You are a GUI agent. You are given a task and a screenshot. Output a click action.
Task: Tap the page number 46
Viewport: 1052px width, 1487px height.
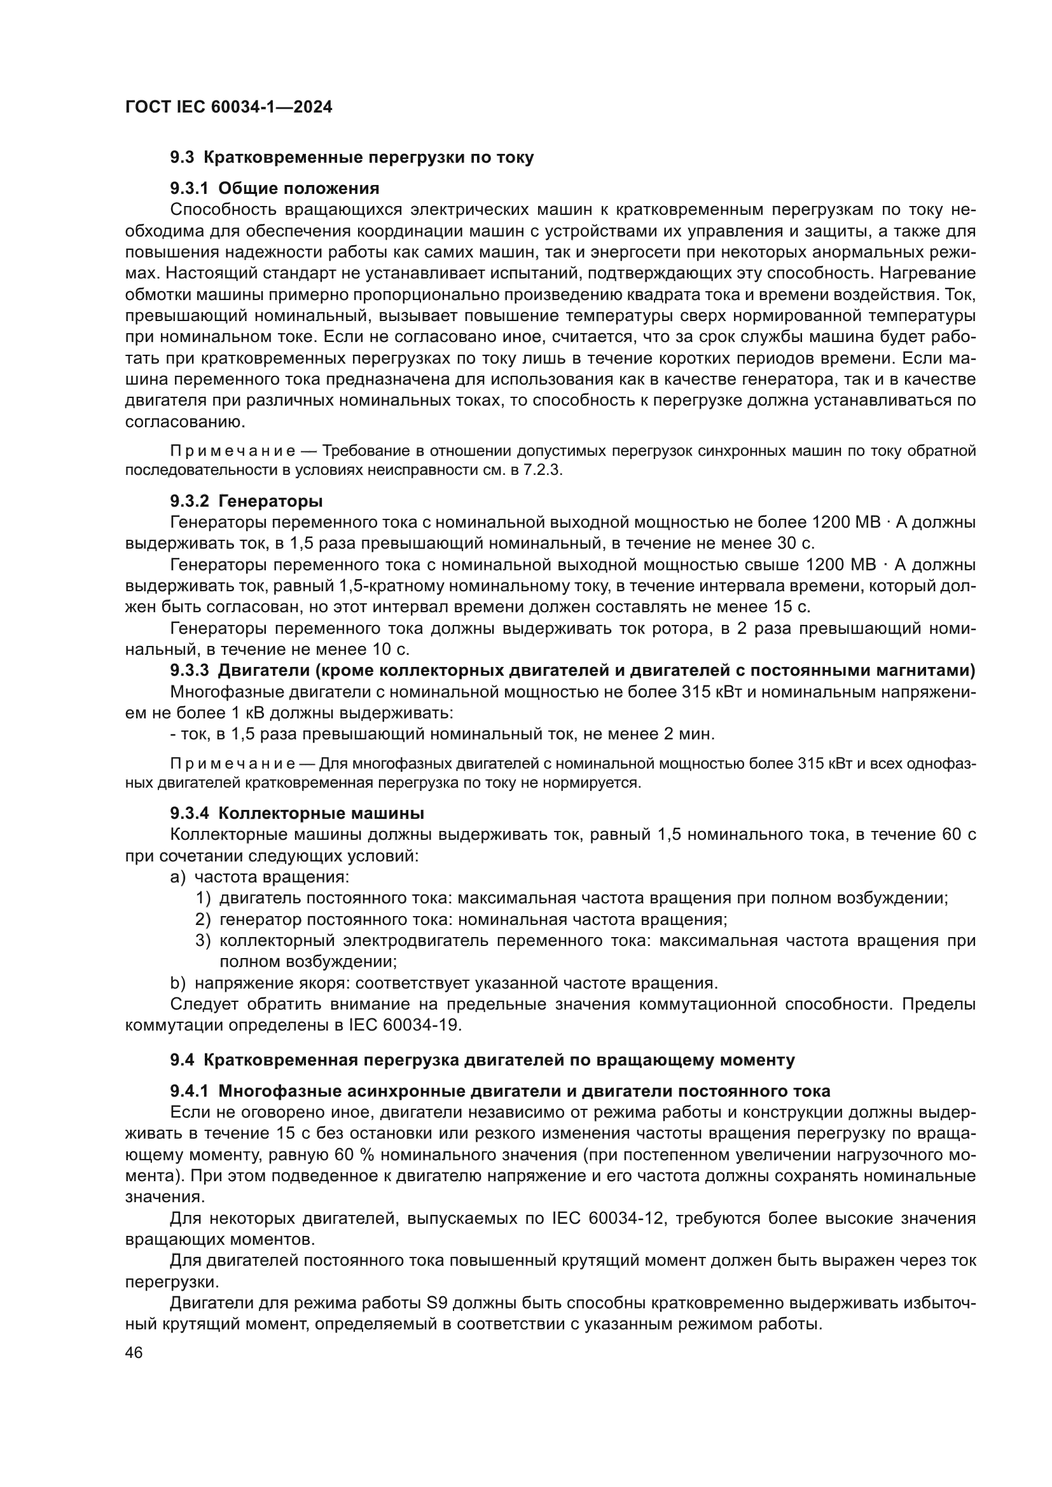[x=134, y=1352]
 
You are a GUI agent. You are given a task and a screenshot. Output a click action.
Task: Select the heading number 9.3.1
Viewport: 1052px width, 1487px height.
[x=189, y=188]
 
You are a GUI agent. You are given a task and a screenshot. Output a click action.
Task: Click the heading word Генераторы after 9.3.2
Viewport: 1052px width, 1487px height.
[x=271, y=501]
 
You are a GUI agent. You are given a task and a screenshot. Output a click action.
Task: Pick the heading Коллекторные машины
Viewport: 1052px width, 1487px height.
[x=321, y=813]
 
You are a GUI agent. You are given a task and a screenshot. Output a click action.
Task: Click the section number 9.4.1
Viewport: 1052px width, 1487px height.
[x=189, y=1092]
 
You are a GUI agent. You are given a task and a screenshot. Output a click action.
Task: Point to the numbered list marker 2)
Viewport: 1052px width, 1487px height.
[x=204, y=920]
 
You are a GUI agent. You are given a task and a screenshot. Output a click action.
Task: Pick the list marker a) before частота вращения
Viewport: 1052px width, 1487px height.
[x=178, y=877]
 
